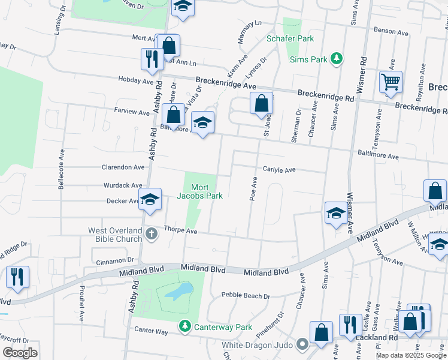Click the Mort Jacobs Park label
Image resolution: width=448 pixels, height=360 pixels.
pyautogui.click(x=199, y=191)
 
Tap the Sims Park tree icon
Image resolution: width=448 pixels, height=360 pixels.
pyautogui.click(x=337, y=58)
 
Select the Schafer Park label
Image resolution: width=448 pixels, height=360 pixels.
pyautogui.click(x=289, y=38)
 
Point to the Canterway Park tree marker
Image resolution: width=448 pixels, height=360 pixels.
pyautogui.click(x=185, y=326)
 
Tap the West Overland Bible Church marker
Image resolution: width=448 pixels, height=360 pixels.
pyautogui.click(x=152, y=233)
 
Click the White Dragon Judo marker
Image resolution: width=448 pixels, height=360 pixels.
pyautogui.click(x=302, y=344)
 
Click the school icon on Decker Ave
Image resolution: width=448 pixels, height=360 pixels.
pyautogui.click(x=150, y=200)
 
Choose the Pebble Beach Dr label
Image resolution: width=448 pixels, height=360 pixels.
pyautogui.click(x=246, y=295)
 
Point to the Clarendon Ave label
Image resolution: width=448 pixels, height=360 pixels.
pyautogui.click(x=123, y=167)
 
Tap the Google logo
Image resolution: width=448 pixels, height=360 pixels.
pyautogui.click(x=20, y=352)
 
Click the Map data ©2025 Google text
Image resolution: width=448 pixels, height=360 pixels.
pyautogui.click(x=410, y=355)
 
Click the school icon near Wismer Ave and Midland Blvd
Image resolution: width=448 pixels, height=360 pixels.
pyautogui.click(x=336, y=212)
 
